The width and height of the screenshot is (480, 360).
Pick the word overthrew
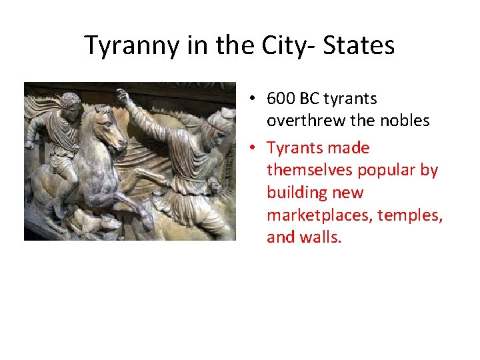(x=301, y=121)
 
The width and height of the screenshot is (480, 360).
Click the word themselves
(x=309, y=171)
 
